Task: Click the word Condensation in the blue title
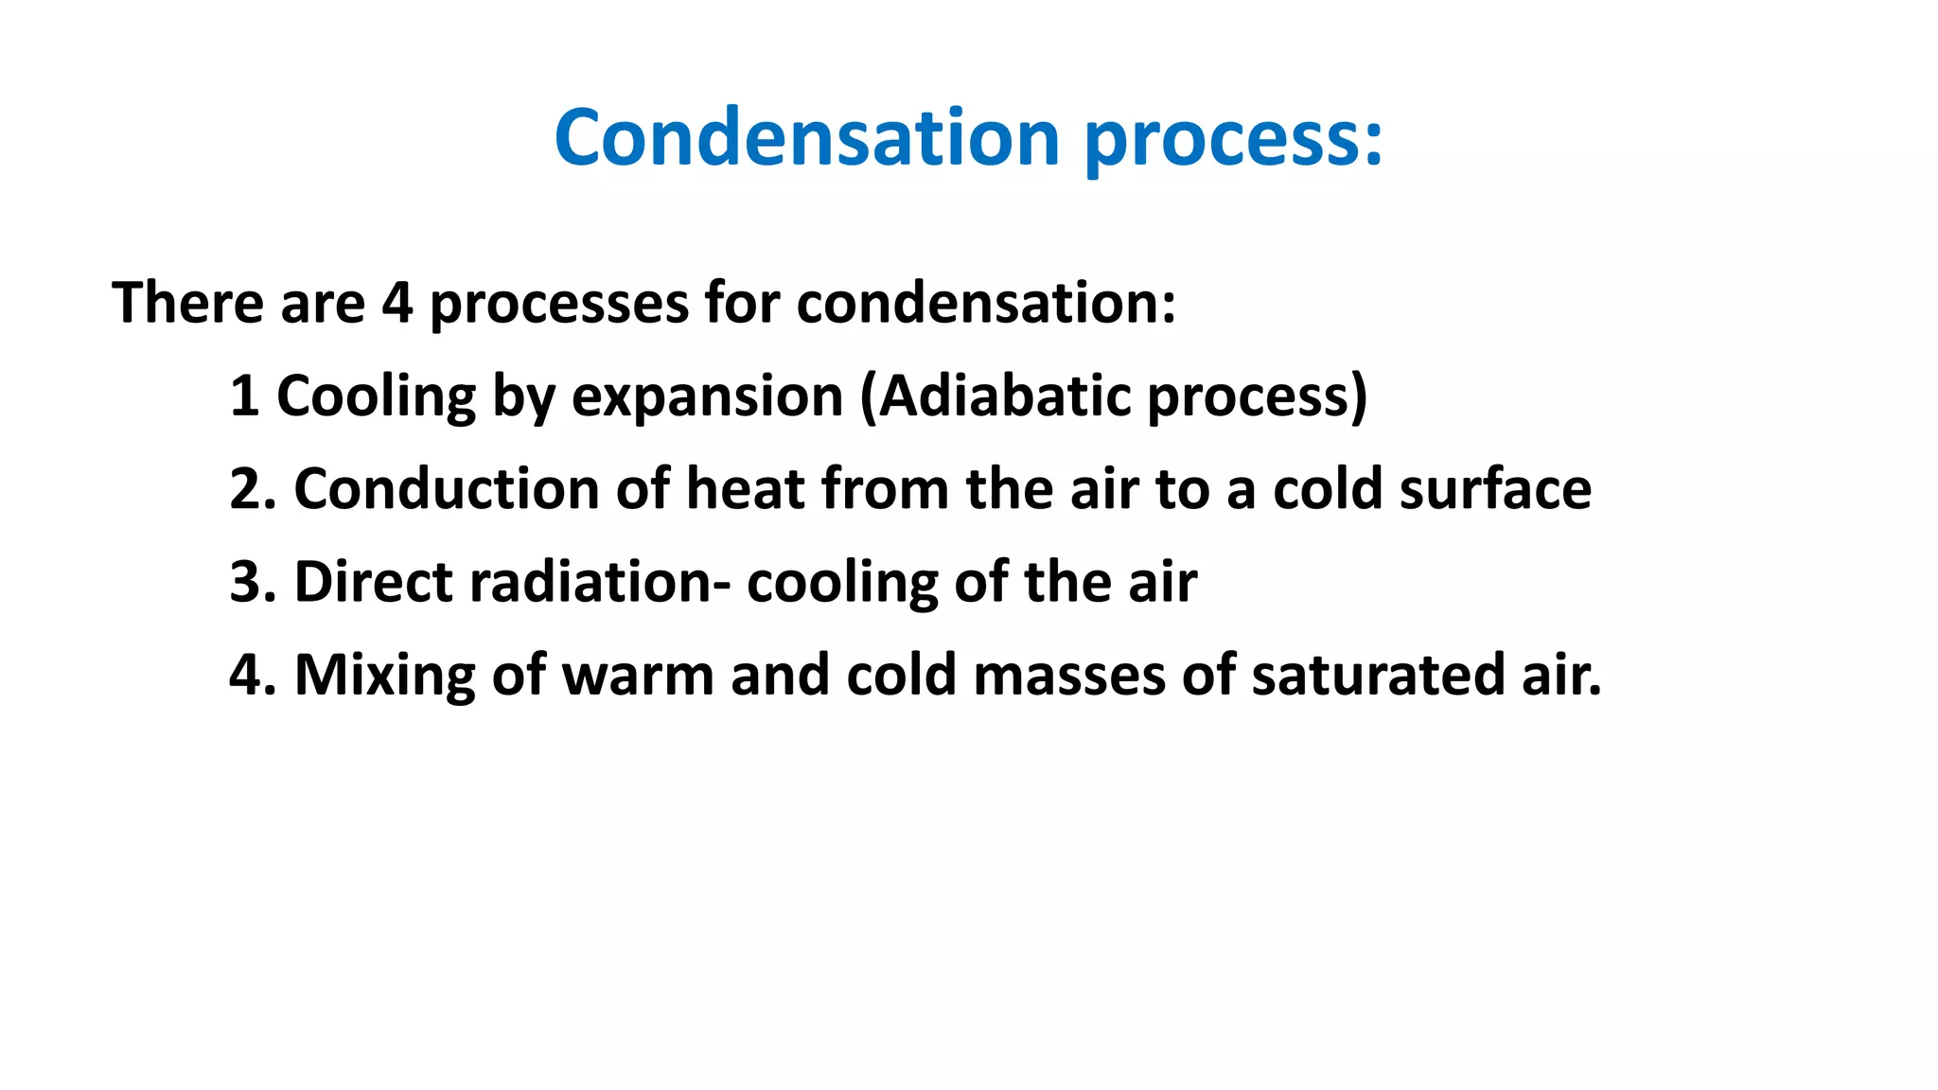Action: click(806, 138)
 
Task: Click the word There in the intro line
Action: click(186, 303)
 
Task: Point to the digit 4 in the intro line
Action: click(397, 303)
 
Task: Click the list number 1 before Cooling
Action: click(244, 396)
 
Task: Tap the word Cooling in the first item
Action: click(376, 397)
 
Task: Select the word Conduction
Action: click(447, 489)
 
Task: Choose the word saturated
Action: click(1378, 675)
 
